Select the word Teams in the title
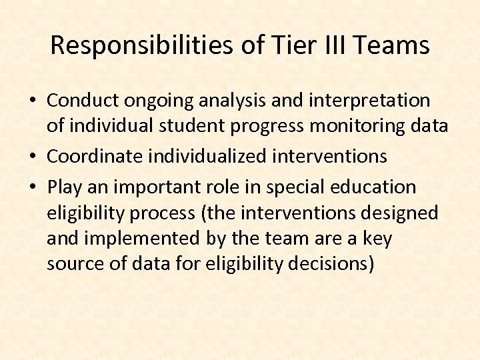(x=393, y=46)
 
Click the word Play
(x=64, y=187)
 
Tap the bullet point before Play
(x=33, y=187)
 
